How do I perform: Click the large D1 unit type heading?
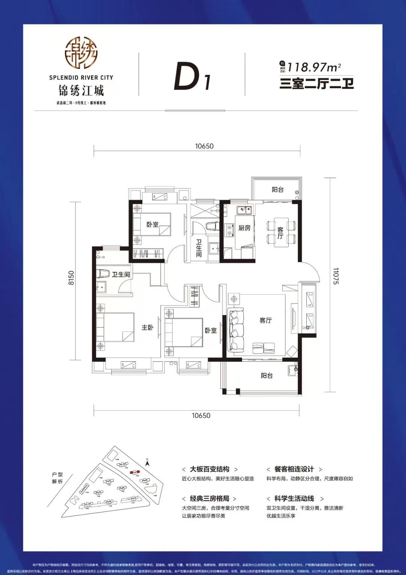192,77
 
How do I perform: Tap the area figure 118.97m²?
314,67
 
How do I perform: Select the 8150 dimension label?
71,278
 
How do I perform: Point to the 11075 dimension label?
335,276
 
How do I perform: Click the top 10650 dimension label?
204,146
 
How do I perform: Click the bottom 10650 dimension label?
201,415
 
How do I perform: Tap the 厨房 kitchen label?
244,228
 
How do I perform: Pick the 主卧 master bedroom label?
147,328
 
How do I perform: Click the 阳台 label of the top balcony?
277,190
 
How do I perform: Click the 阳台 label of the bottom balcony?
267,375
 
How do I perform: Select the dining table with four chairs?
281,232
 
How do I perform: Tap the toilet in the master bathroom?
103,273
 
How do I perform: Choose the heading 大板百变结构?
209,469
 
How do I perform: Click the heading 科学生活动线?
294,498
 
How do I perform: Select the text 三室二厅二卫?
317,83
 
